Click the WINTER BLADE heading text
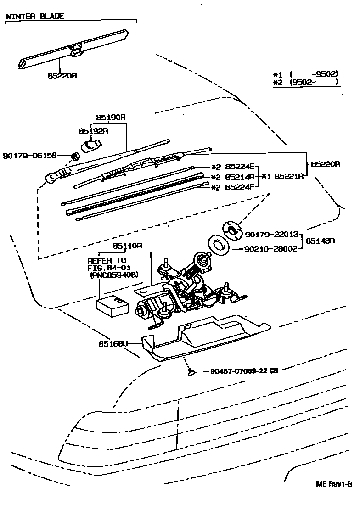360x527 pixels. point(35,16)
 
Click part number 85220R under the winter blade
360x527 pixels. point(62,76)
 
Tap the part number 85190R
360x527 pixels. point(111,117)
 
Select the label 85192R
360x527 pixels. point(93,131)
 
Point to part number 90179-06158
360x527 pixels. point(29,156)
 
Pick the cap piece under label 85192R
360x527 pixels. point(90,146)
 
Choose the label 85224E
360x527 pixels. point(240,167)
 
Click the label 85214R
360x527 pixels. point(240,177)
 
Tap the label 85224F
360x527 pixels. point(240,187)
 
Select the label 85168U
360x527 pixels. point(112,342)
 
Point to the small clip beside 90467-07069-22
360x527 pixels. point(191,371)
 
